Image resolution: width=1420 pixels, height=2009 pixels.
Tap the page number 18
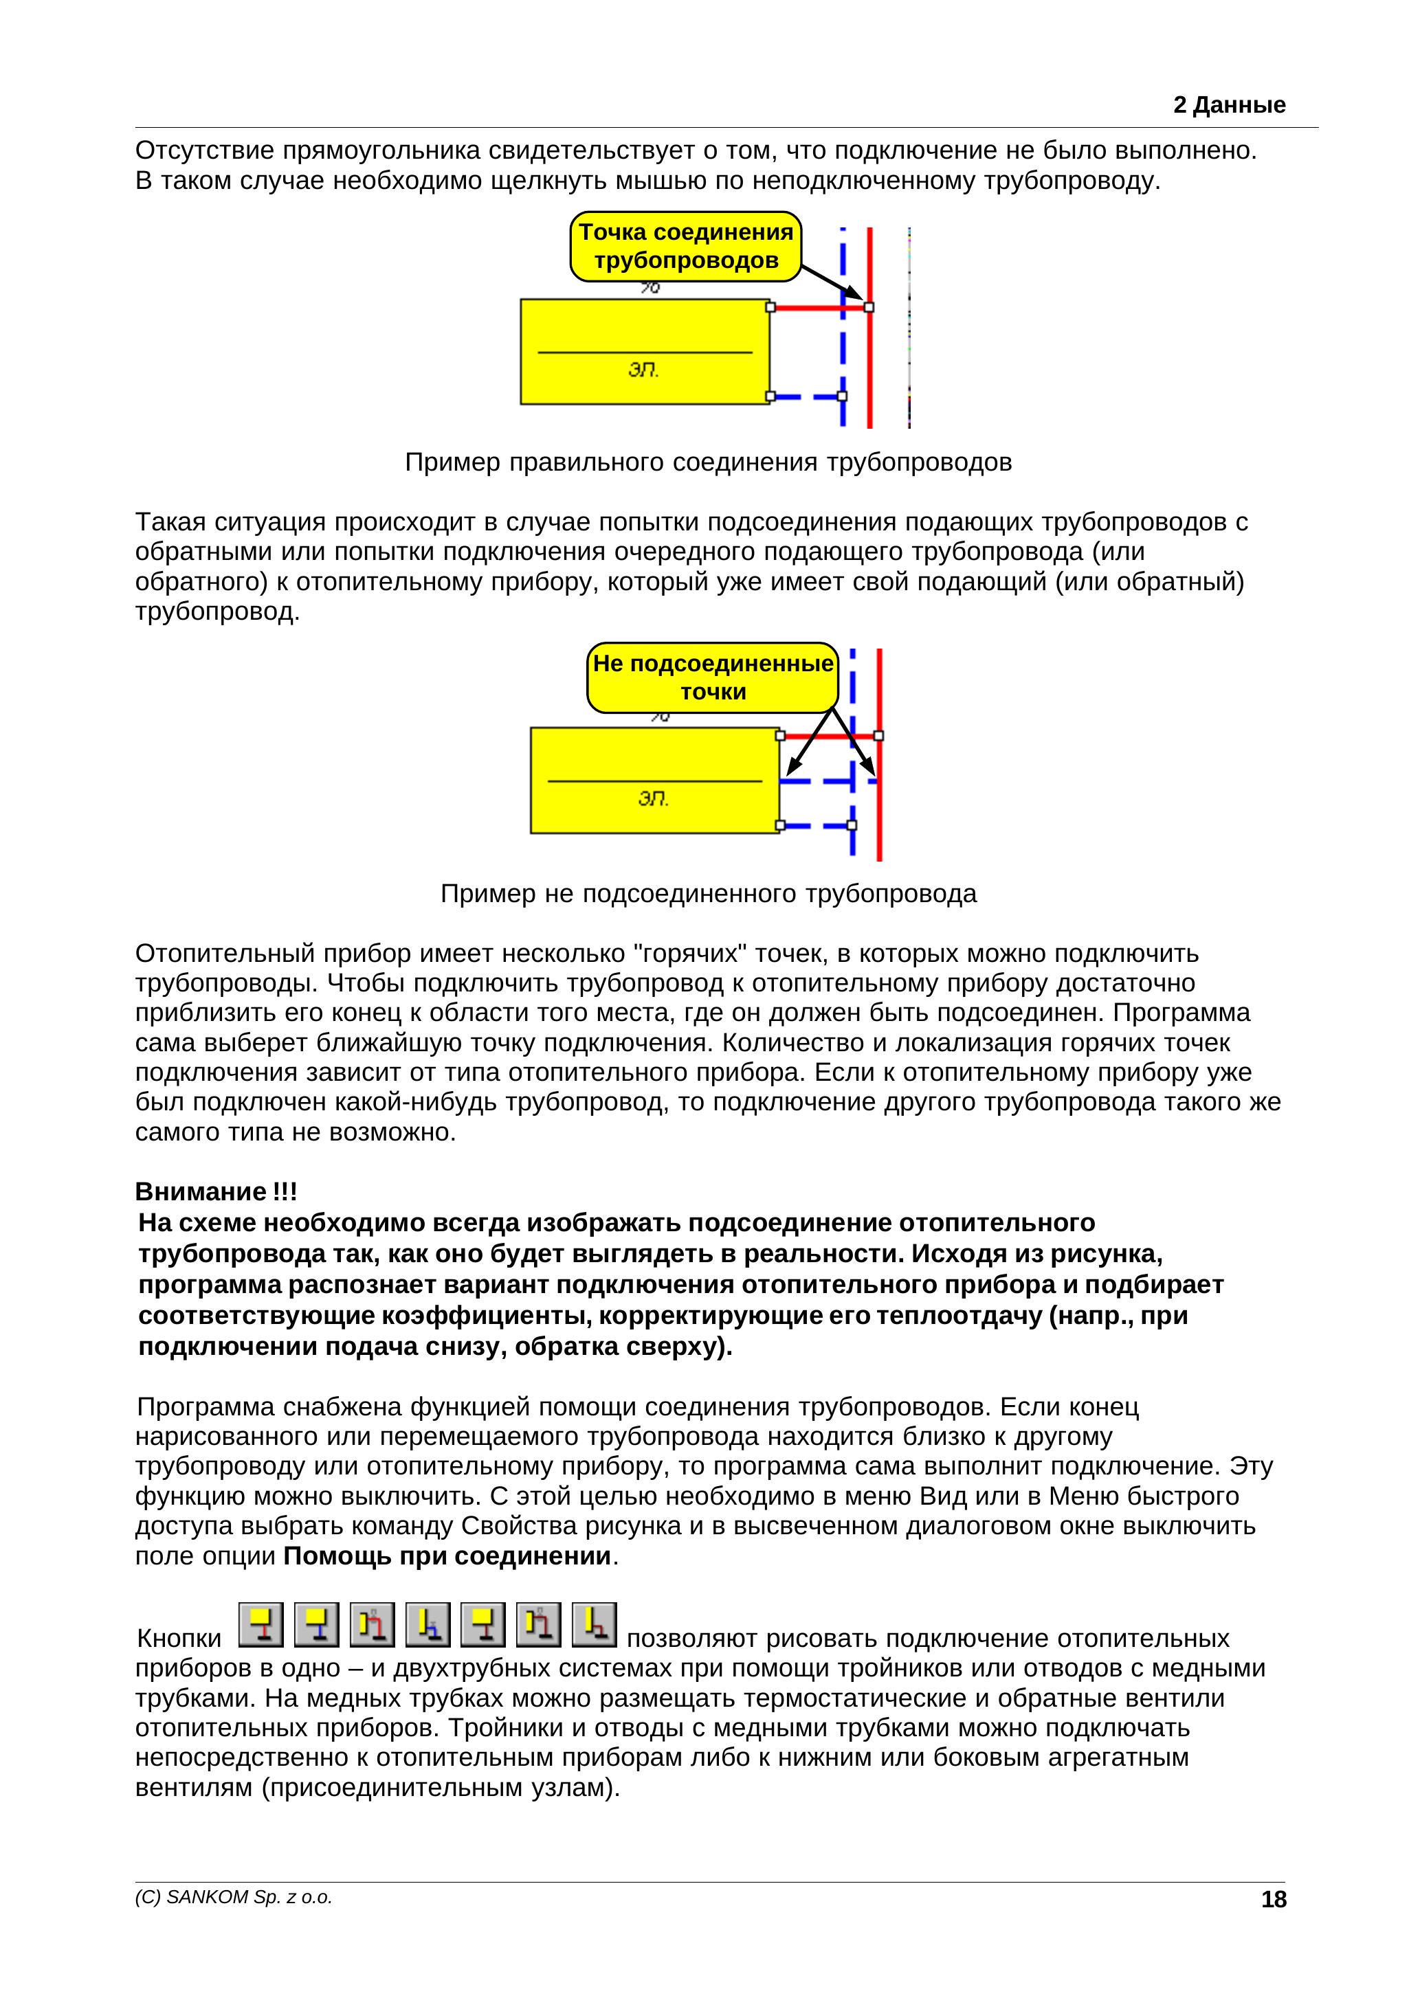1273,1899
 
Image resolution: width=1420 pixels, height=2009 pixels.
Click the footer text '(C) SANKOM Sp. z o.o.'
234,1897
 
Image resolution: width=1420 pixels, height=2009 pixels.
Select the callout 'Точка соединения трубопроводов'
685,246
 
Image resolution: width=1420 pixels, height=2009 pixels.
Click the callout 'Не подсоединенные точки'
713,677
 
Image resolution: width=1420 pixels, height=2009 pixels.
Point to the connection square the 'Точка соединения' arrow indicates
869,307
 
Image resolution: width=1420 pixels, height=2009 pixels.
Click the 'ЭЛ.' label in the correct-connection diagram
643,370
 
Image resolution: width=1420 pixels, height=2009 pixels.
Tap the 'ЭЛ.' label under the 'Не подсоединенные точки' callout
653,799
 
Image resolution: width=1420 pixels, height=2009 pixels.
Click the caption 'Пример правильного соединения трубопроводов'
708,462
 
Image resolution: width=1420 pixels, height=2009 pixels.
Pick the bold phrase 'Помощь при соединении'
447,1556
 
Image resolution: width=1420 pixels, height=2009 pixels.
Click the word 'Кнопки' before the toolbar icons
179,1638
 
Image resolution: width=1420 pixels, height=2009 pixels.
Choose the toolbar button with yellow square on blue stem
316,1624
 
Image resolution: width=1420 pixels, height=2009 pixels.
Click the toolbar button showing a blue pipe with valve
428,1624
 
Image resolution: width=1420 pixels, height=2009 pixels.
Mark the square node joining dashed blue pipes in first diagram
842,396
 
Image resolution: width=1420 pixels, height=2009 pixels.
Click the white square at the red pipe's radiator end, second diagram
780,736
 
